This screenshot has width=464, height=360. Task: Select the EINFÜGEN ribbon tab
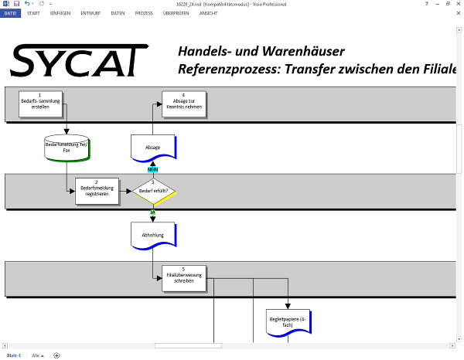[60, 13]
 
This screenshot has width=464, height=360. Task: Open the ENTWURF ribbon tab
[90, 13]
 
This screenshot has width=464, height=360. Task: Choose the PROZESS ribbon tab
[144, 13]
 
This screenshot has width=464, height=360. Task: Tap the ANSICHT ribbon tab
[208, 13]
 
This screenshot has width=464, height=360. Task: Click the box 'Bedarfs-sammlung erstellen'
[39, 100]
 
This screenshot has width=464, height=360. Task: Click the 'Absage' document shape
[153, 147]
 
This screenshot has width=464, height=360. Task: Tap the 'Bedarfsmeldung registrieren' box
[97, 191]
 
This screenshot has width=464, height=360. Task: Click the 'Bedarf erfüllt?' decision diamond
[152, 190]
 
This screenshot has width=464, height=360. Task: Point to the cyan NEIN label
[152, 168]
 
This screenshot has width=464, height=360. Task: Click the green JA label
[152, 211]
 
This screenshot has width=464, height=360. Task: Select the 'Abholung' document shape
[153, 234]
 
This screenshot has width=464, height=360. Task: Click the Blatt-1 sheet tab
[14, 355]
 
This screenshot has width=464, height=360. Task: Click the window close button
[458, 4]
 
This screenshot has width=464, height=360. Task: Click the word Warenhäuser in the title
[295, 52]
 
